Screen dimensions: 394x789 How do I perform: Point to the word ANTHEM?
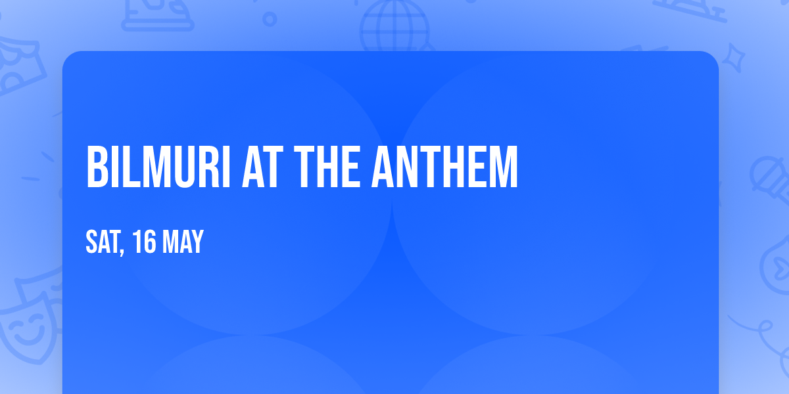(x=445, y=167)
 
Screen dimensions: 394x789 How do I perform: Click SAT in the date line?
(x=100, y=242)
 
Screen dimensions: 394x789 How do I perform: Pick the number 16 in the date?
(x=143, y=242)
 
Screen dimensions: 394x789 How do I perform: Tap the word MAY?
(x=183, y=242)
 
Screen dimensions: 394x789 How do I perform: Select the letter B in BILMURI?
(x=97, y=167)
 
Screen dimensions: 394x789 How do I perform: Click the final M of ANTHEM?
(x=504, y=167)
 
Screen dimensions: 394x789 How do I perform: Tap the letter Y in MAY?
(x=197, y=242)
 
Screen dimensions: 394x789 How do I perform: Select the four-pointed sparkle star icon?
(x=736, y=56)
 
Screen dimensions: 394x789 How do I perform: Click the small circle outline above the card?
(x=270, y=19)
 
